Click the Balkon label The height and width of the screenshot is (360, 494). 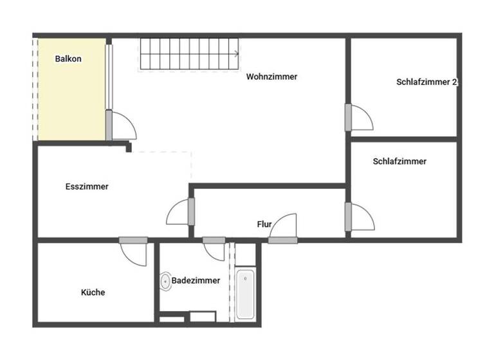[68, 58]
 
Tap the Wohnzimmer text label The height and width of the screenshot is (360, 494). [271, 76]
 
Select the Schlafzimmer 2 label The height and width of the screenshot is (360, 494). [426, 82]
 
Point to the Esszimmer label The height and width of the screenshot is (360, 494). [87, 187]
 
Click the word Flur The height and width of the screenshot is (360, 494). [264, 224]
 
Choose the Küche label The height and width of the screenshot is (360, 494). [93, 292]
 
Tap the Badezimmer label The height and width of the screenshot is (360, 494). [196, 280]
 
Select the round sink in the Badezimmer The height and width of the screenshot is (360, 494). [166, 282]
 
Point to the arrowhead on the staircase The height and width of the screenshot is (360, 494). [236, 53]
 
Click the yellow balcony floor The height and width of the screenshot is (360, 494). [71, 96]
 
